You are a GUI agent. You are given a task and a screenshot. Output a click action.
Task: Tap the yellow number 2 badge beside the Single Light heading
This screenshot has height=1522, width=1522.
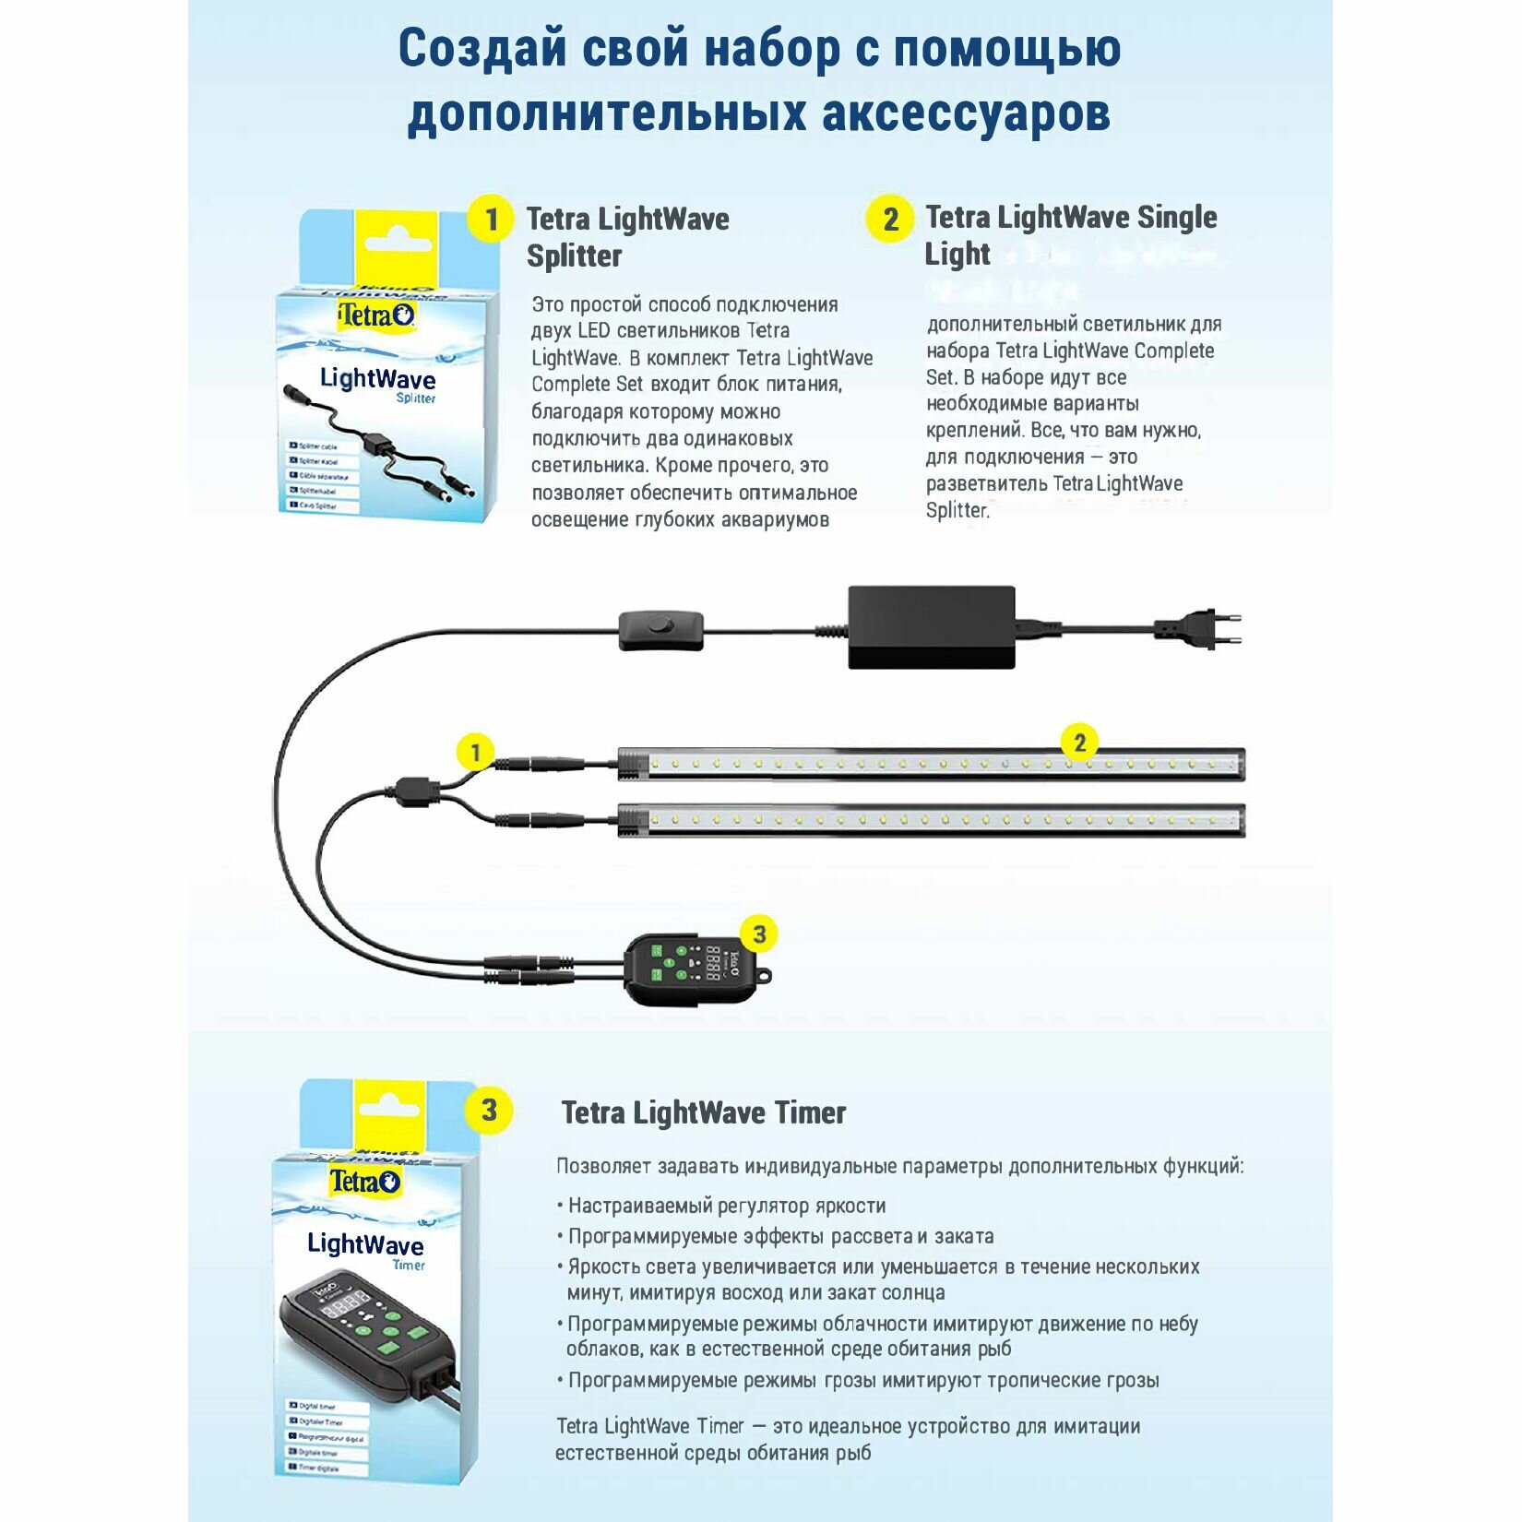889,220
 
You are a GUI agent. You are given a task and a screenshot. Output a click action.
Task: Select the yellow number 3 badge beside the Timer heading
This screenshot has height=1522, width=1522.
489,1110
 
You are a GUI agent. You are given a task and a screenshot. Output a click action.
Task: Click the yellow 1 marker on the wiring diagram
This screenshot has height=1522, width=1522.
475,752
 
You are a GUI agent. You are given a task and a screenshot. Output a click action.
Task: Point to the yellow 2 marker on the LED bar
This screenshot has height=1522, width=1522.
1079,743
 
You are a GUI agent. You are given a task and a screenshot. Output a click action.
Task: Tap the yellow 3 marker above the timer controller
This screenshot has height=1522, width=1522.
759,934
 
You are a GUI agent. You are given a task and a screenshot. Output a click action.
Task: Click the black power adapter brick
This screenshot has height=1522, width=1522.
931,627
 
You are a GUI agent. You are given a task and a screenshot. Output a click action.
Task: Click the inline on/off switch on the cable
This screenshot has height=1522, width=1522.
660,629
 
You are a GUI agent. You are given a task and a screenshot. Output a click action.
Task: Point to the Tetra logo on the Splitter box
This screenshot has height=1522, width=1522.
376,315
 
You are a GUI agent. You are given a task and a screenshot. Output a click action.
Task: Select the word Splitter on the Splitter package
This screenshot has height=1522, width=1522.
415,398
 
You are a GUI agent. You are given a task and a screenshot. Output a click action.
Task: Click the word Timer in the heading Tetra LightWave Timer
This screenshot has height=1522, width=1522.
810,1113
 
